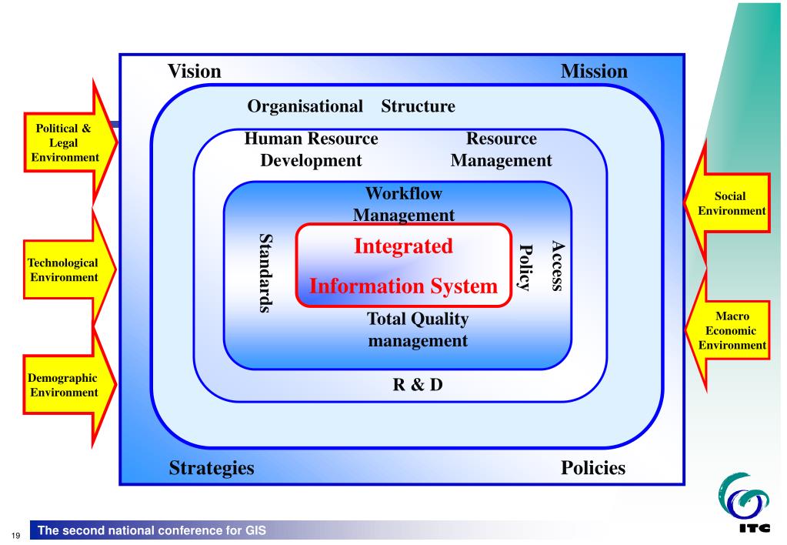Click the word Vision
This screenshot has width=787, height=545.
pyautogui.click(x=195, y=72)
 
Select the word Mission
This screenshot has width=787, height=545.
pyautogui.click(x=594, y=72)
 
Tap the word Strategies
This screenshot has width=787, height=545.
pyautogui.click(x=211, y=467)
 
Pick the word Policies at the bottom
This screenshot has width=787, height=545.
pyautogui.click(x=593, y=467)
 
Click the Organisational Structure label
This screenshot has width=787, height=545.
pyautogui.click(x=351, y=106)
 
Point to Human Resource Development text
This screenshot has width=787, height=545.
pyautogui.click(x=311, y=149)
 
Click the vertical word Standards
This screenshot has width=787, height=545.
pyautogui.click(x=266, y=272)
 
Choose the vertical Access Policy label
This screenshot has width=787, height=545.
pyautogui.click(x=542, y=265)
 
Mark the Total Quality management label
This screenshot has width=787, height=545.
pyautogui.click(x=418, y=329)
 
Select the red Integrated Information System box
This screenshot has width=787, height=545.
pyautogui.click(x=404, y=266)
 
